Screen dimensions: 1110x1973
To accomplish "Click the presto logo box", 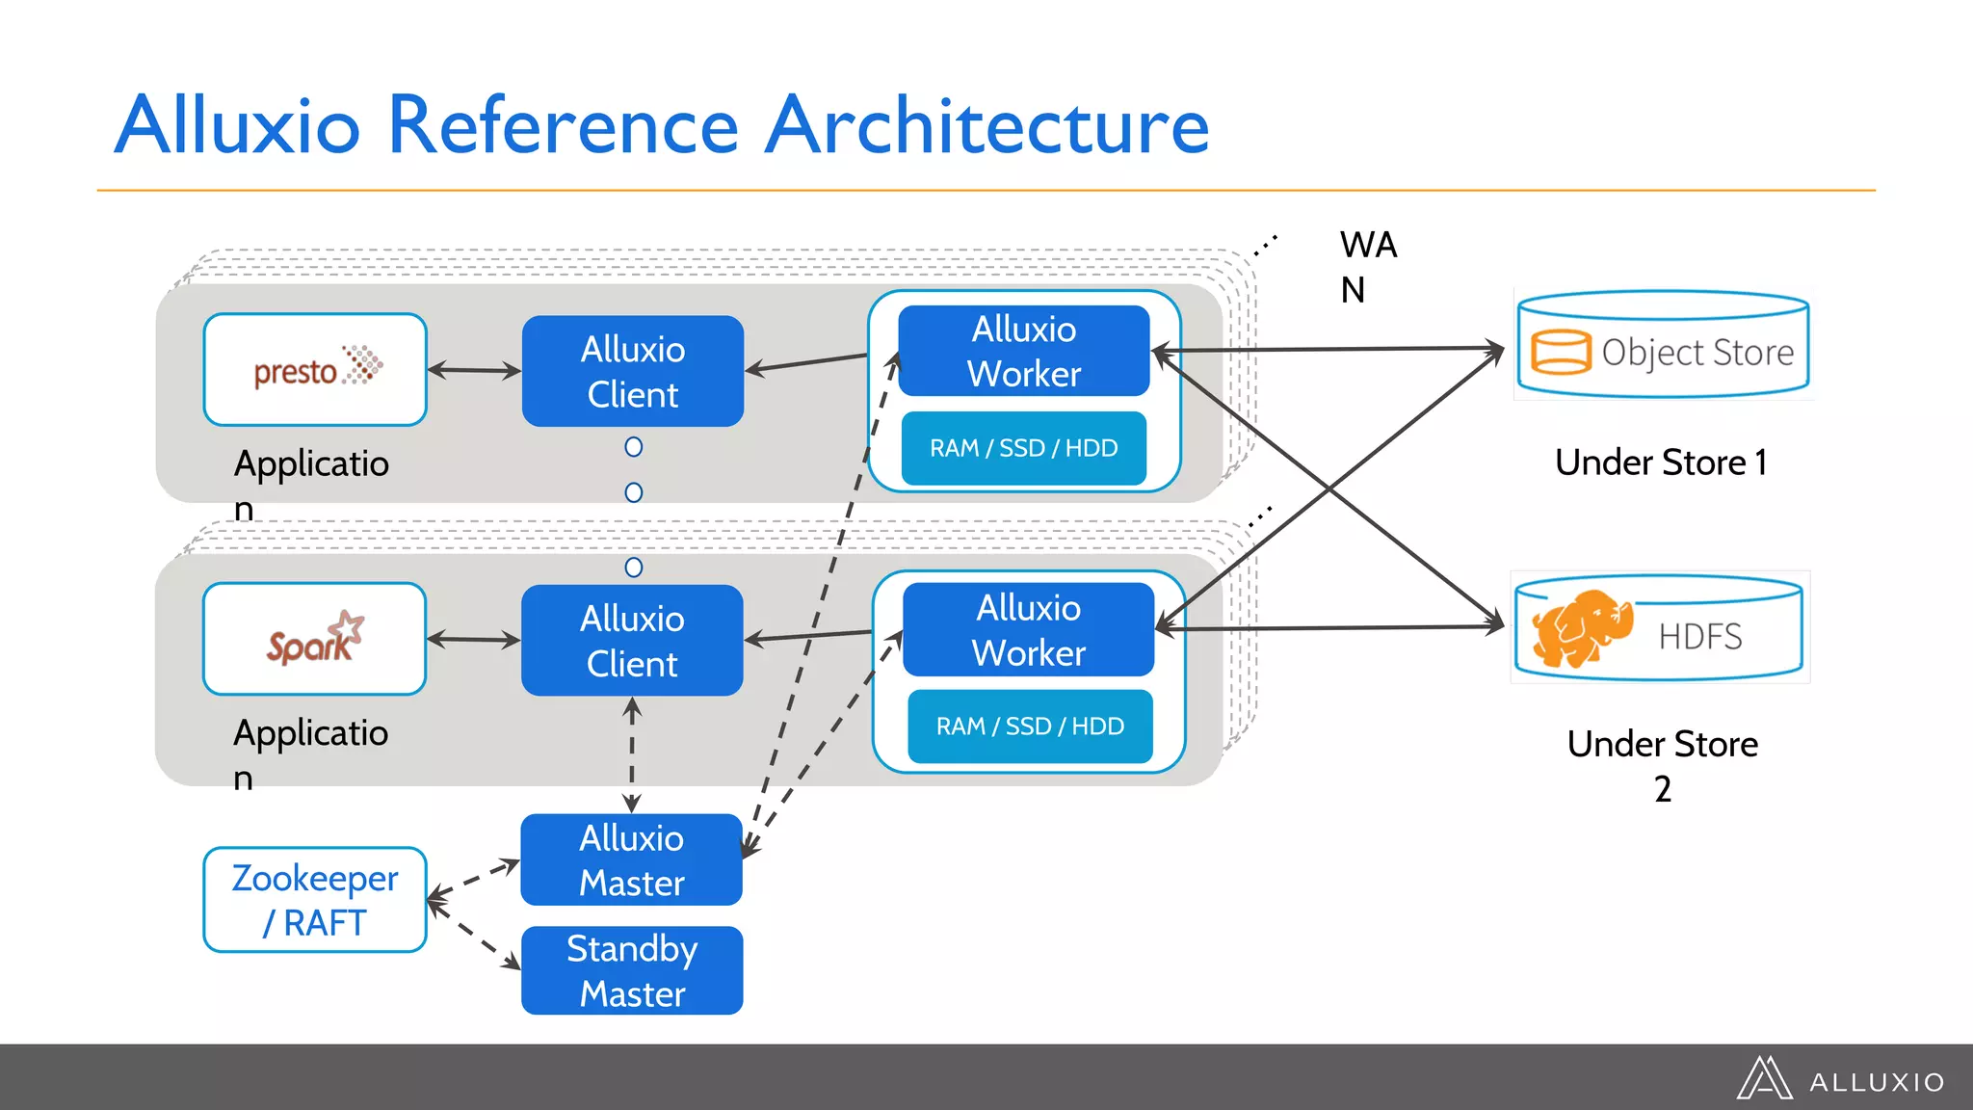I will tap(315, 370).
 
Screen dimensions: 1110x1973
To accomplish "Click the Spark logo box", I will tap(314, 639).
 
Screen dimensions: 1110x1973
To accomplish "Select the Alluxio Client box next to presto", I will tap(632, 372).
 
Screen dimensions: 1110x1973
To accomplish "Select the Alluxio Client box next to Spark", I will tap(632, 641).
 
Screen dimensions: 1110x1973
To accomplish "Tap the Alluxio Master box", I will tap(631, 860).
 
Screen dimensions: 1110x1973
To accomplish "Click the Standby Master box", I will tap(632, 970).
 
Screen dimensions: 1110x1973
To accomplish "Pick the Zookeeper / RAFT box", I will tap(315, 900).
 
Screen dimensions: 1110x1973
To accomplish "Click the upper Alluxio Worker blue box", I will tap(1023, 352).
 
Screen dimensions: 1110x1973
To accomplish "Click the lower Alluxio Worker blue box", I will tap(1028, 630).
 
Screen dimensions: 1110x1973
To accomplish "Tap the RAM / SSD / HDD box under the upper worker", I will tap(1023, 448).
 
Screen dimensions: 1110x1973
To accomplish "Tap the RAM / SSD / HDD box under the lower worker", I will tap(1030, 727).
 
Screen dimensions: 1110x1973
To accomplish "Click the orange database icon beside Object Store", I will tap(1560, 352).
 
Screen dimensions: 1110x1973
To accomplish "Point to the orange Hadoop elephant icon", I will tap(1581, 628).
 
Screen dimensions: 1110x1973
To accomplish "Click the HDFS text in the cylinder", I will tap(1699, 637).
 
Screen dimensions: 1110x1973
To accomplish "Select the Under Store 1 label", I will tap(1661, 462).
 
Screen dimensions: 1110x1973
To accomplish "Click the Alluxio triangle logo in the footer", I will tap(1763, 1079).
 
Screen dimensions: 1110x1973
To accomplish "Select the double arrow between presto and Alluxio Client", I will tap(474, 370).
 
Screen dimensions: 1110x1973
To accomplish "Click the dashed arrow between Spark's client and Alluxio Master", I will tap(631, 754).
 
